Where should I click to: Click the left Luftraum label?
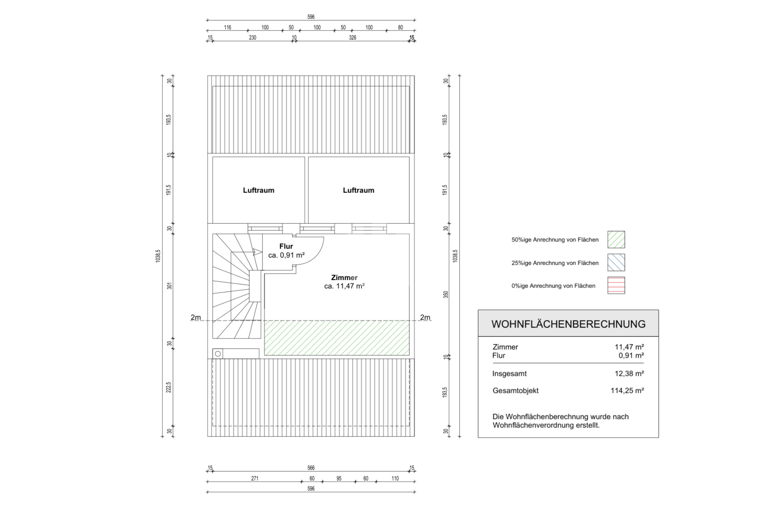point(259,190)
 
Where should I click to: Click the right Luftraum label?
point(359,190)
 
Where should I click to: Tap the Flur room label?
point(286,246)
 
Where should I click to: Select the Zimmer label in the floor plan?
point(344,278)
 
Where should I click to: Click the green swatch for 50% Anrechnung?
point(616,240)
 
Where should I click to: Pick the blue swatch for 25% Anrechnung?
point(616,263)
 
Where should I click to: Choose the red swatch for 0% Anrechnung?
point(616,285)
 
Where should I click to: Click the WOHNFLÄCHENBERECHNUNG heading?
point(568,324)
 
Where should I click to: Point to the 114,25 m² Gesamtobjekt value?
point(627,390)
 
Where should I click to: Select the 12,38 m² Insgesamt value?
point(629,373)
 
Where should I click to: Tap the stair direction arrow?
point(257,252)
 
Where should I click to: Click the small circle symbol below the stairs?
point(218,354)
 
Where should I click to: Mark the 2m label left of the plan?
point(196,317)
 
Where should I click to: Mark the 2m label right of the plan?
point(425,317)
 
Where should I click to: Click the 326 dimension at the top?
point(353,38)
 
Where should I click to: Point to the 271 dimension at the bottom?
point(255,478)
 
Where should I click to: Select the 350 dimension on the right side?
point(446,294)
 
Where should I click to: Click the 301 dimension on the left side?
point(169,286)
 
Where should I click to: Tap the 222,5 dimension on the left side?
point(168,387)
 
